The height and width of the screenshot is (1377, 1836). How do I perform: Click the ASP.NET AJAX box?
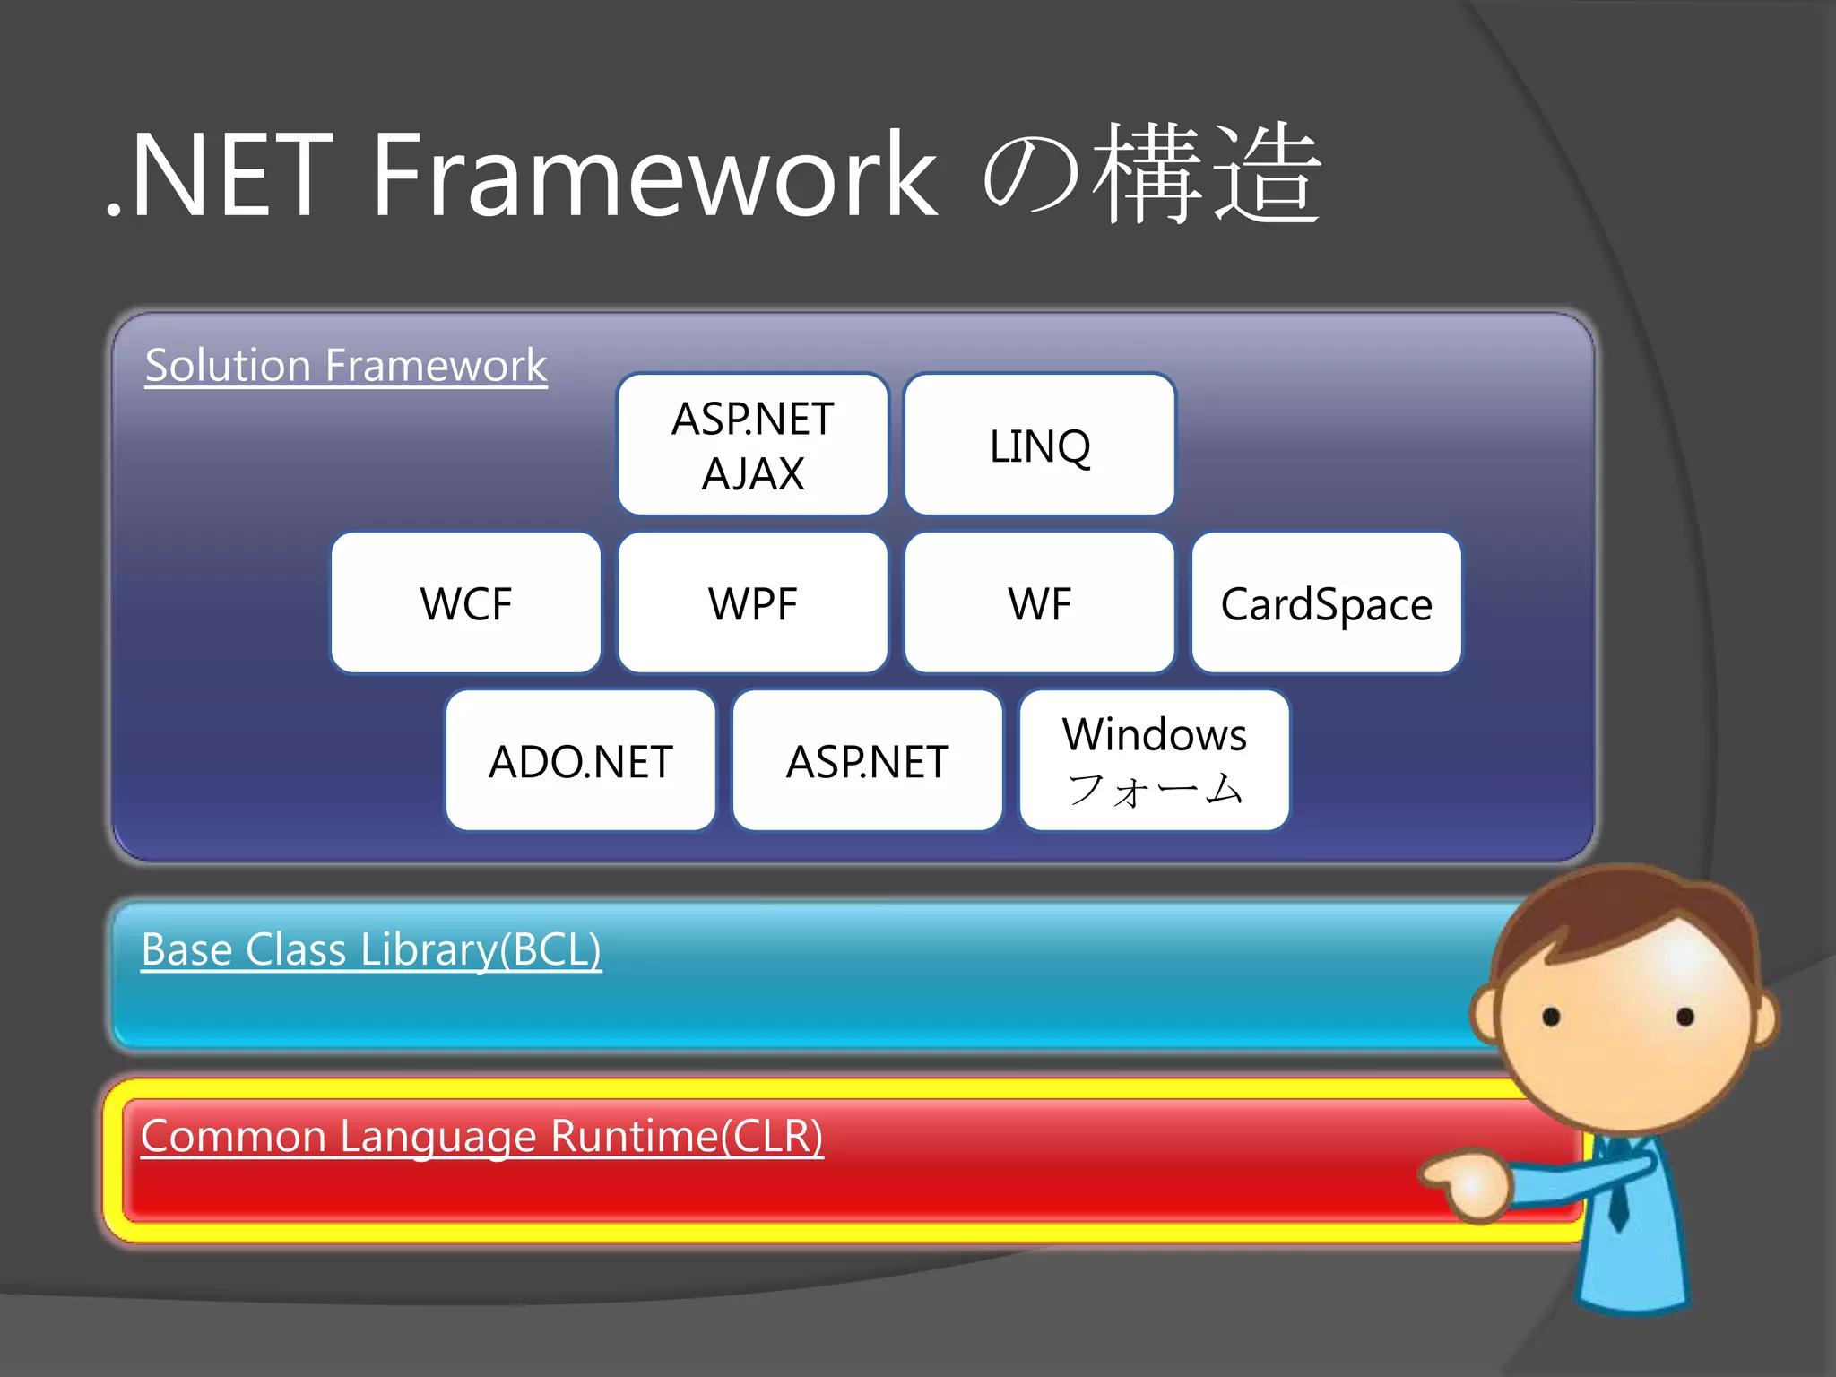click(753, 445)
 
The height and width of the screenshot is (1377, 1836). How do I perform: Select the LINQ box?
click(1040, 445)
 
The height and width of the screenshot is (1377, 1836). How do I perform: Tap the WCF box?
click(466, 602)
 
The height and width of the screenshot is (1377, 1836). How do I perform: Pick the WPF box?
click(753, 602)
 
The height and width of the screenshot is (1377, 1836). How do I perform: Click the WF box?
click(1040, 602)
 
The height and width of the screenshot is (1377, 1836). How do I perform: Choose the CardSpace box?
click(1327, 602)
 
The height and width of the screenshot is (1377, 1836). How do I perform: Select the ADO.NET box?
click(581, 760)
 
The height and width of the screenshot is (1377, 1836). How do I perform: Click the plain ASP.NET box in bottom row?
click(868, 760)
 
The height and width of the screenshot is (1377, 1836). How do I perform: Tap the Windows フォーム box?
click(1155, 760)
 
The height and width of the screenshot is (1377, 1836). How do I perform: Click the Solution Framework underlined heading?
click(346, 366)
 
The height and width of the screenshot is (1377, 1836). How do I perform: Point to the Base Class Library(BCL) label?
click(371, 950)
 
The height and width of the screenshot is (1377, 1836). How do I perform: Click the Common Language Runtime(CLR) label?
click(482, 1137)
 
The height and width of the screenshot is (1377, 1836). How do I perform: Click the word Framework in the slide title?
click(654, 175)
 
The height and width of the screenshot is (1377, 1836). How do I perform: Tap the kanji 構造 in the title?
click(1206, 175)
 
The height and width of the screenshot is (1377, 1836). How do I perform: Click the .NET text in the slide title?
click(220, 175)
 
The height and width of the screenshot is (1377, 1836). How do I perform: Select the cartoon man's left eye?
click(1552, 1017)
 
